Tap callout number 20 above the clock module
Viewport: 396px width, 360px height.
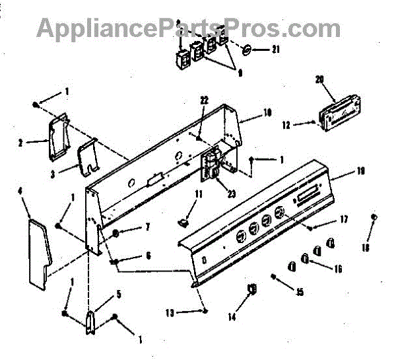(320, 80)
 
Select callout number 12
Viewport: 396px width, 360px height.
(286, 123)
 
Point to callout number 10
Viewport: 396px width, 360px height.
(267, 113)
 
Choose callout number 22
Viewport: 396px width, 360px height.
(204, 100)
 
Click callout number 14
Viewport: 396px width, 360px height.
(232, 317)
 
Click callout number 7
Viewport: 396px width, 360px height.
(147, 227)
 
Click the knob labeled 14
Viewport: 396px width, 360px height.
(252, 290)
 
